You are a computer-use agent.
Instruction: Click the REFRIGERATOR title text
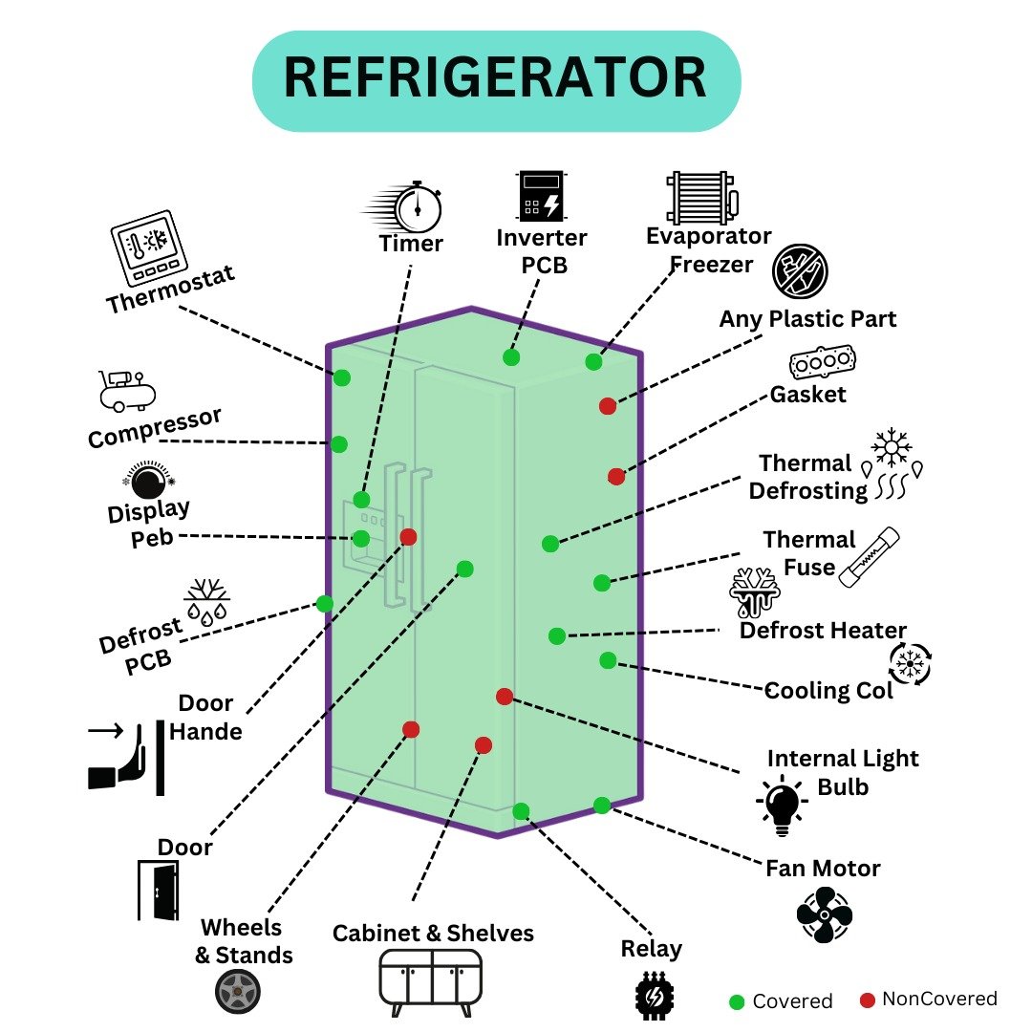(496, 79)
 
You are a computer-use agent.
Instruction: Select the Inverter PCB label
(542, 250)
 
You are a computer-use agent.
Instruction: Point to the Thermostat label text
(170, 290)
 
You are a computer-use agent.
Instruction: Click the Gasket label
(808, 393)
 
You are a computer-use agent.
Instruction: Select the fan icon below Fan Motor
(824, 914)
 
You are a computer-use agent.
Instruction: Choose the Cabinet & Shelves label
(433, 933)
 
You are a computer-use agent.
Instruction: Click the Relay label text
(651, 949)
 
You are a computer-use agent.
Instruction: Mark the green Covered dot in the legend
(737, 1001)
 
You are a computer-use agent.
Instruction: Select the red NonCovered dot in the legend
(867, 1000)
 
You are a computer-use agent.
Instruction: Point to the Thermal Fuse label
(808, 553)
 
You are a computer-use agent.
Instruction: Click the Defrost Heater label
(823, 631)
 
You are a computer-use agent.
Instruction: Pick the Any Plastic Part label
(807, 318)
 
